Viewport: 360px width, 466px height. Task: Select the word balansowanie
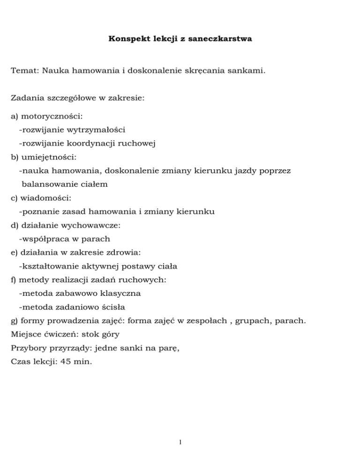pos(50,184)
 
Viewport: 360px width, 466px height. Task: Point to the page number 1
pos(180,442)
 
